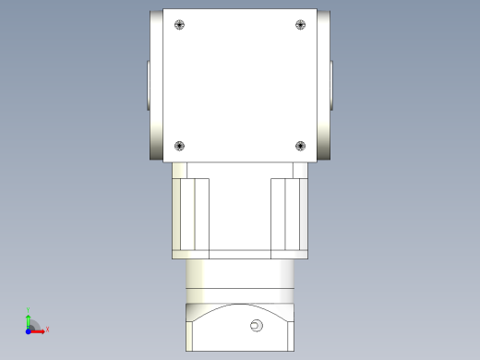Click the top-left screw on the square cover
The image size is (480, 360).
point(179,25)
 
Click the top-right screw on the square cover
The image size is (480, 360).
point(299,25)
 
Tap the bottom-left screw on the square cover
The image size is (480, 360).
point(179,145)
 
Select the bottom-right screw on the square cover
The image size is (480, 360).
point(299,145)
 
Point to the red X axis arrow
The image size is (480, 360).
point(40,330)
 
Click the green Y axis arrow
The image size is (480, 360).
point(29,318)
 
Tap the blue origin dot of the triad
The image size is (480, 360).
point(29,330)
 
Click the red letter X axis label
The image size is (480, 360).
point(47,329)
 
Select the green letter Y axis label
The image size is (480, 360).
point(29,310)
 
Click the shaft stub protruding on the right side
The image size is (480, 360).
point(333,85)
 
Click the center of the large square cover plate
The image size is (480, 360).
point(239,85)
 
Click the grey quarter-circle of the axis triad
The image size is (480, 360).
point(34,324)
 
